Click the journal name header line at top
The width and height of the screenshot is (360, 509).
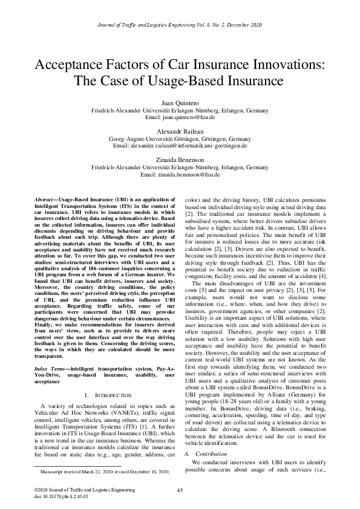tap(180, 25)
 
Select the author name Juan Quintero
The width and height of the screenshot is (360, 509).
tap(180, 104)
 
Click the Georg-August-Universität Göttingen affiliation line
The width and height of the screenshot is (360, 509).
tap(180, 139)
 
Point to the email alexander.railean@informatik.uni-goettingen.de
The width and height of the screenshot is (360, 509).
tap(180, 146)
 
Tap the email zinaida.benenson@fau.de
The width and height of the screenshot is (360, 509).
tap(180, 174)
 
